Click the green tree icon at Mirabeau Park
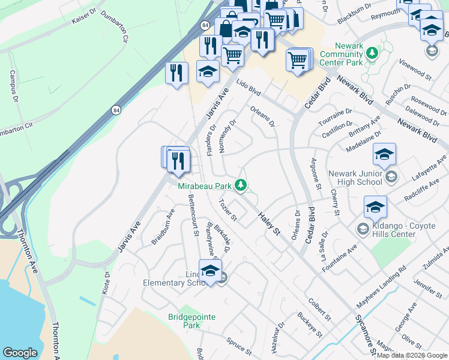click(x=241, y=185)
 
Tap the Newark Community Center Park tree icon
click(x=372, y=53)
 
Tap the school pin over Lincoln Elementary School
click(x=210, y=271)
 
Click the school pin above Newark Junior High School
click(x=384, y=155)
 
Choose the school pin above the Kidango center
click(x=375, y=207)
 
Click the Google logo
click(x=20, y=352)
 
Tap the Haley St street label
click(x=270, y=223)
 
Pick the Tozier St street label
click(x=229, y=209)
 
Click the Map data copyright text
click(x=412, y=355)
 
